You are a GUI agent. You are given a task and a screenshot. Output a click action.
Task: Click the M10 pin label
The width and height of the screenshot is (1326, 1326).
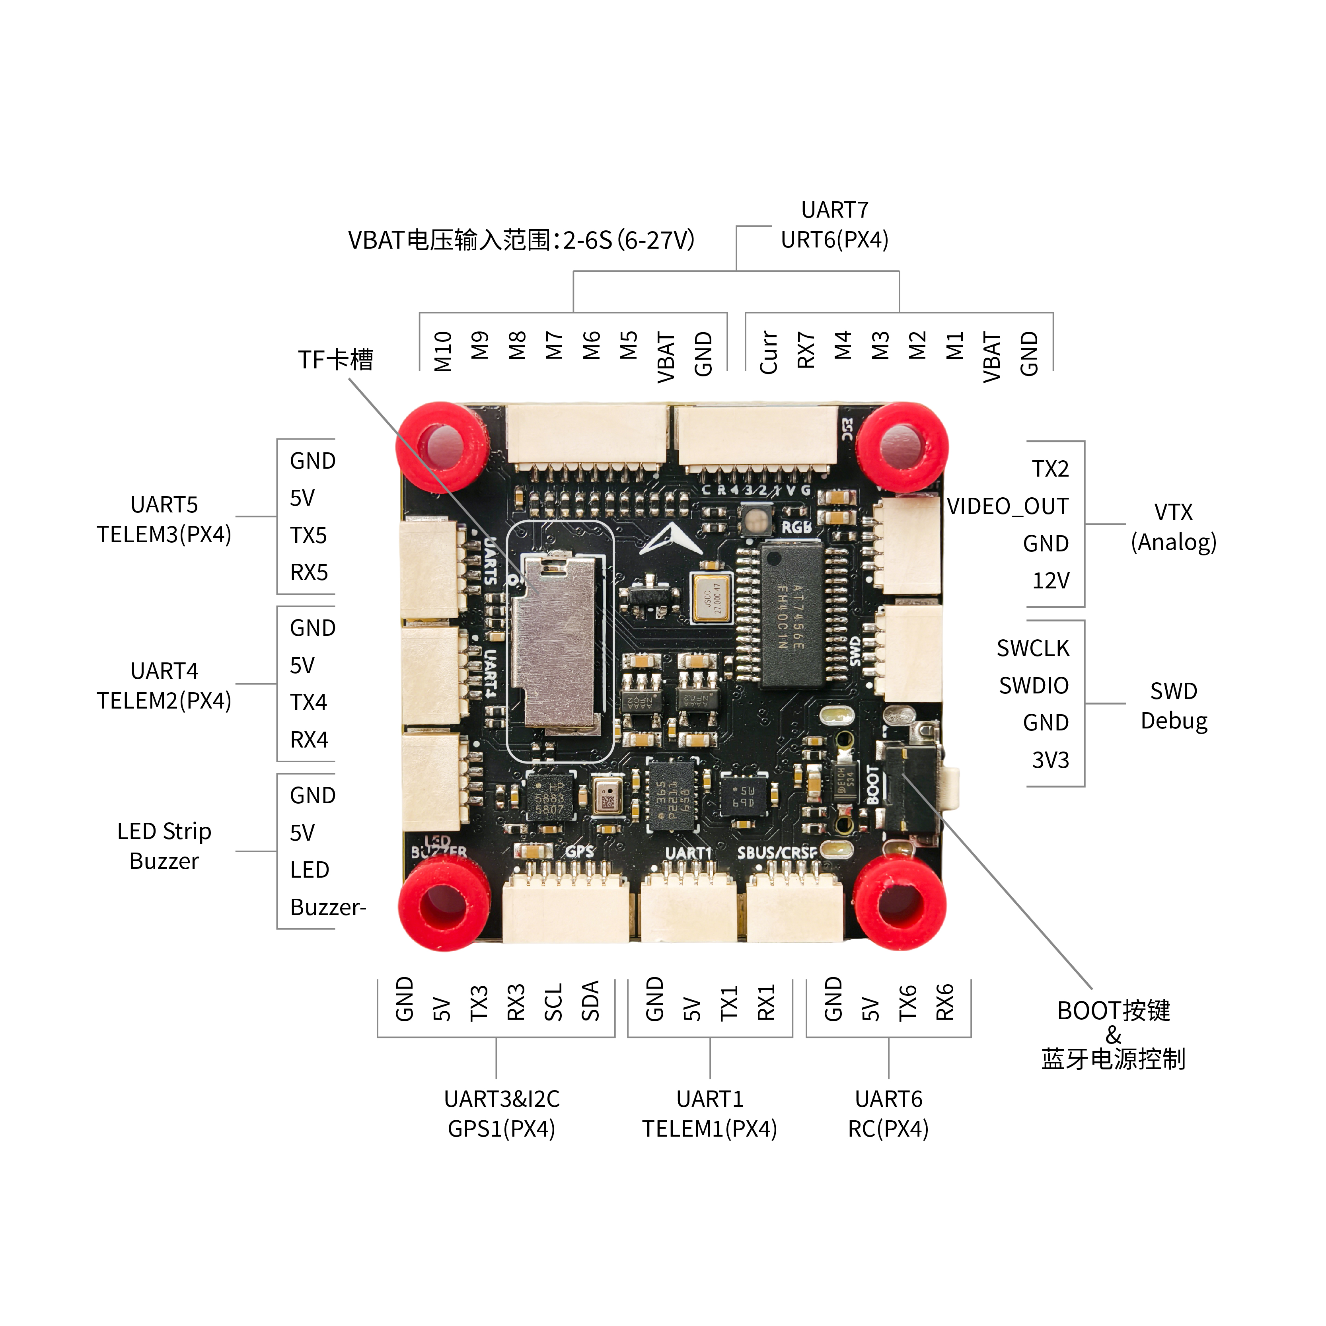tap(443, 351)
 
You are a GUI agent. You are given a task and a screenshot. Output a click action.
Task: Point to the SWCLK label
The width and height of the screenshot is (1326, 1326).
tap(1032, 648)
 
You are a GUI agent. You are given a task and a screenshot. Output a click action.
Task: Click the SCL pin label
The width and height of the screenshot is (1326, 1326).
tap(553, 1002)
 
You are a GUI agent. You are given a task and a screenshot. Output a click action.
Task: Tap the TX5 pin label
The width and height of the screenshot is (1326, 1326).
tap(308, 535)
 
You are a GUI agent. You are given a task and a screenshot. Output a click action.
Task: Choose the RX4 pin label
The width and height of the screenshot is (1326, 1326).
tap(309, 740)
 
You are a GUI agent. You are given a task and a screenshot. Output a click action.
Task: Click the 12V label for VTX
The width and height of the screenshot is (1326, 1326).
tap(1050, 580)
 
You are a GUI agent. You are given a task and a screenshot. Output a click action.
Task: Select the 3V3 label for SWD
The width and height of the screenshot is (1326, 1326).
tap(1050, 760)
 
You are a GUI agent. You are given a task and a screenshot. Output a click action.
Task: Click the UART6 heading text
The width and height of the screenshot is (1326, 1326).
tap(888, 1099)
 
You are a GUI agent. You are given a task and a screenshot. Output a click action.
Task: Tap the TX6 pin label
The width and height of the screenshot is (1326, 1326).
tap(907, 1002)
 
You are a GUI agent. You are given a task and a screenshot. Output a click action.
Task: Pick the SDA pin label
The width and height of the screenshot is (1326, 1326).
tap(590, 1001)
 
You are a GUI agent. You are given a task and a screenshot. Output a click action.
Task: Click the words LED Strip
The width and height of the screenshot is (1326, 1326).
tap(164, 831)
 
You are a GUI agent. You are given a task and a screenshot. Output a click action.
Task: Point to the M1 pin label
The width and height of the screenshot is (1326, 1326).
tap(955, 345)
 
